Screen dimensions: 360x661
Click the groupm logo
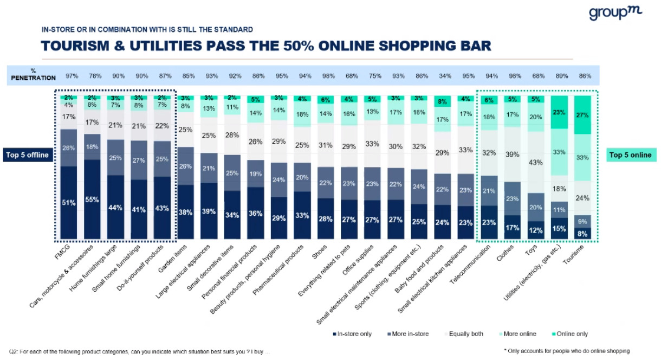point(615,12)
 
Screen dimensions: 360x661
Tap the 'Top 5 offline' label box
point(28,155)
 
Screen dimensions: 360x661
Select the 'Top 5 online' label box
point(630,155)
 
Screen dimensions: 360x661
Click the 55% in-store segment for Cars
point(92,199)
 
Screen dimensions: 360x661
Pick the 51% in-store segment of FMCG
point(69,202)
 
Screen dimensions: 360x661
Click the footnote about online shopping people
point(566,351)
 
